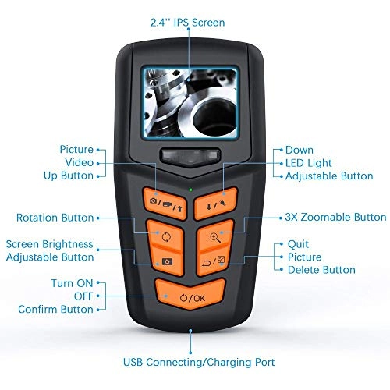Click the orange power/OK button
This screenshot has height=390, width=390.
click(190, 294)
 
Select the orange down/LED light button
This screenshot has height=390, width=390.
click(216, 204)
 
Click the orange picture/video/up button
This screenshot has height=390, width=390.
click(165, 204)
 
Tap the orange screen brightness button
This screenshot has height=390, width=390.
click(167, 261)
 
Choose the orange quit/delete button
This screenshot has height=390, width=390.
click(214, 261)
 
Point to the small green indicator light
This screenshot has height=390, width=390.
click(190, 190)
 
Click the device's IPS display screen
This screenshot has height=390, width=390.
click(190, 103)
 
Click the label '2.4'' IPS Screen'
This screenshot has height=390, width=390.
click(187, 23)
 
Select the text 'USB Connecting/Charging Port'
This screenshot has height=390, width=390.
click(199, 362)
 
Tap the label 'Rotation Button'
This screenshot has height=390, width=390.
click(55, 218)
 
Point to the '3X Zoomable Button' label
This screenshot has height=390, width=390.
click(335, 217)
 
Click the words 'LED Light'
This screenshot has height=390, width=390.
click(309, 163)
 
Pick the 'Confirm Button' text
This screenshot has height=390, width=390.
click(55, 309)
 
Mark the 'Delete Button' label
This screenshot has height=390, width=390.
click(321, 270)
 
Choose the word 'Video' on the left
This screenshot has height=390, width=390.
click(79, 162)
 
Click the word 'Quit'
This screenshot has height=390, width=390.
click(298, 244)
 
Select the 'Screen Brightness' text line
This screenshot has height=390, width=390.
click(49, 244)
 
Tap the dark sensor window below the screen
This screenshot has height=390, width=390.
click(190, 156)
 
